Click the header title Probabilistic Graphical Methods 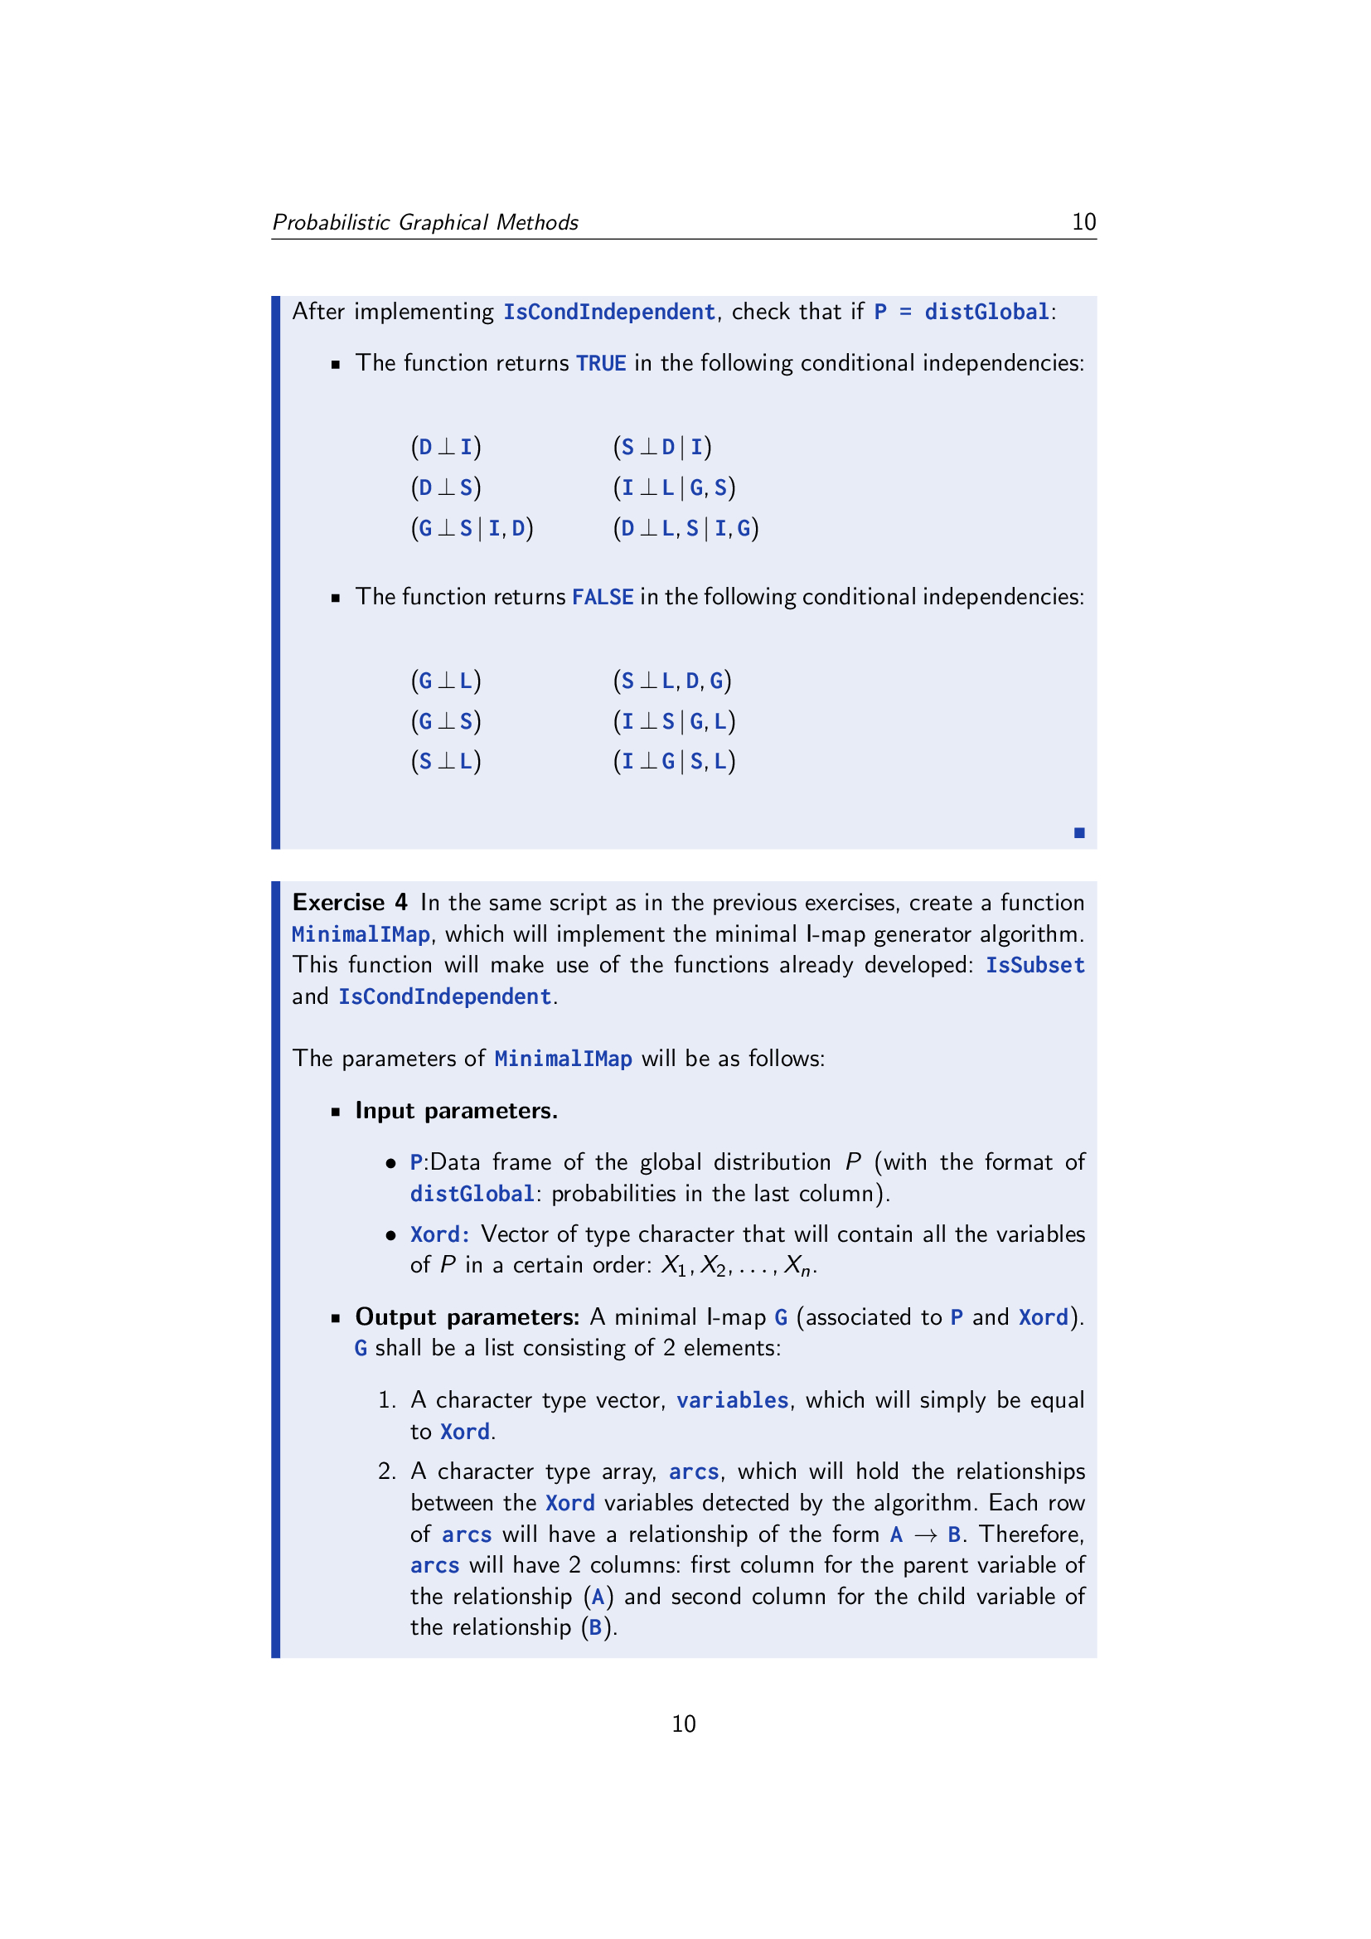click(424, 222)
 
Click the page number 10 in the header click(1083, 222)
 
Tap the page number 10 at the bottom click(683, 1723)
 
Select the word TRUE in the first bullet click(600, 363)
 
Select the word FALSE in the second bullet click(602, 597)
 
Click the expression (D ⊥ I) click(446, 447)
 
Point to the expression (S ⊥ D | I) click(661, 447)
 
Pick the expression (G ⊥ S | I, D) click(472, 528)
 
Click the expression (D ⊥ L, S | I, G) click(685, 528)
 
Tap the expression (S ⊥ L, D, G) click(672, 681)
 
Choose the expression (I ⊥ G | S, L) click(674, 762)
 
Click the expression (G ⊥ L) click(446, 681)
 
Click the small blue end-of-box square click(1079, 832)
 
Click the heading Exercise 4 click(350, 903)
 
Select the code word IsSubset click(1034, 965)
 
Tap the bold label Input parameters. click(456, 1111)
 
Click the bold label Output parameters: click(467, 1317)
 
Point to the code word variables click(732, 1400)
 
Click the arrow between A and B click(925, 1534)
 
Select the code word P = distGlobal click(962, 312)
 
